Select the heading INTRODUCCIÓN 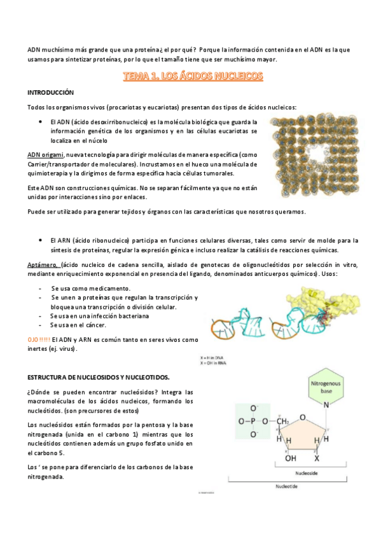pyautogui.click(x=51, y=93)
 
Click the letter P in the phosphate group pyautogui.click(x=253, y=421)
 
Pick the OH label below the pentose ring pyautogui.click(x=290, y=458)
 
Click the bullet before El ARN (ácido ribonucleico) pyautogui.click(x=41, y=240)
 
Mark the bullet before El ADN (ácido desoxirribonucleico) pyautogui.click(x=41, y=121)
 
